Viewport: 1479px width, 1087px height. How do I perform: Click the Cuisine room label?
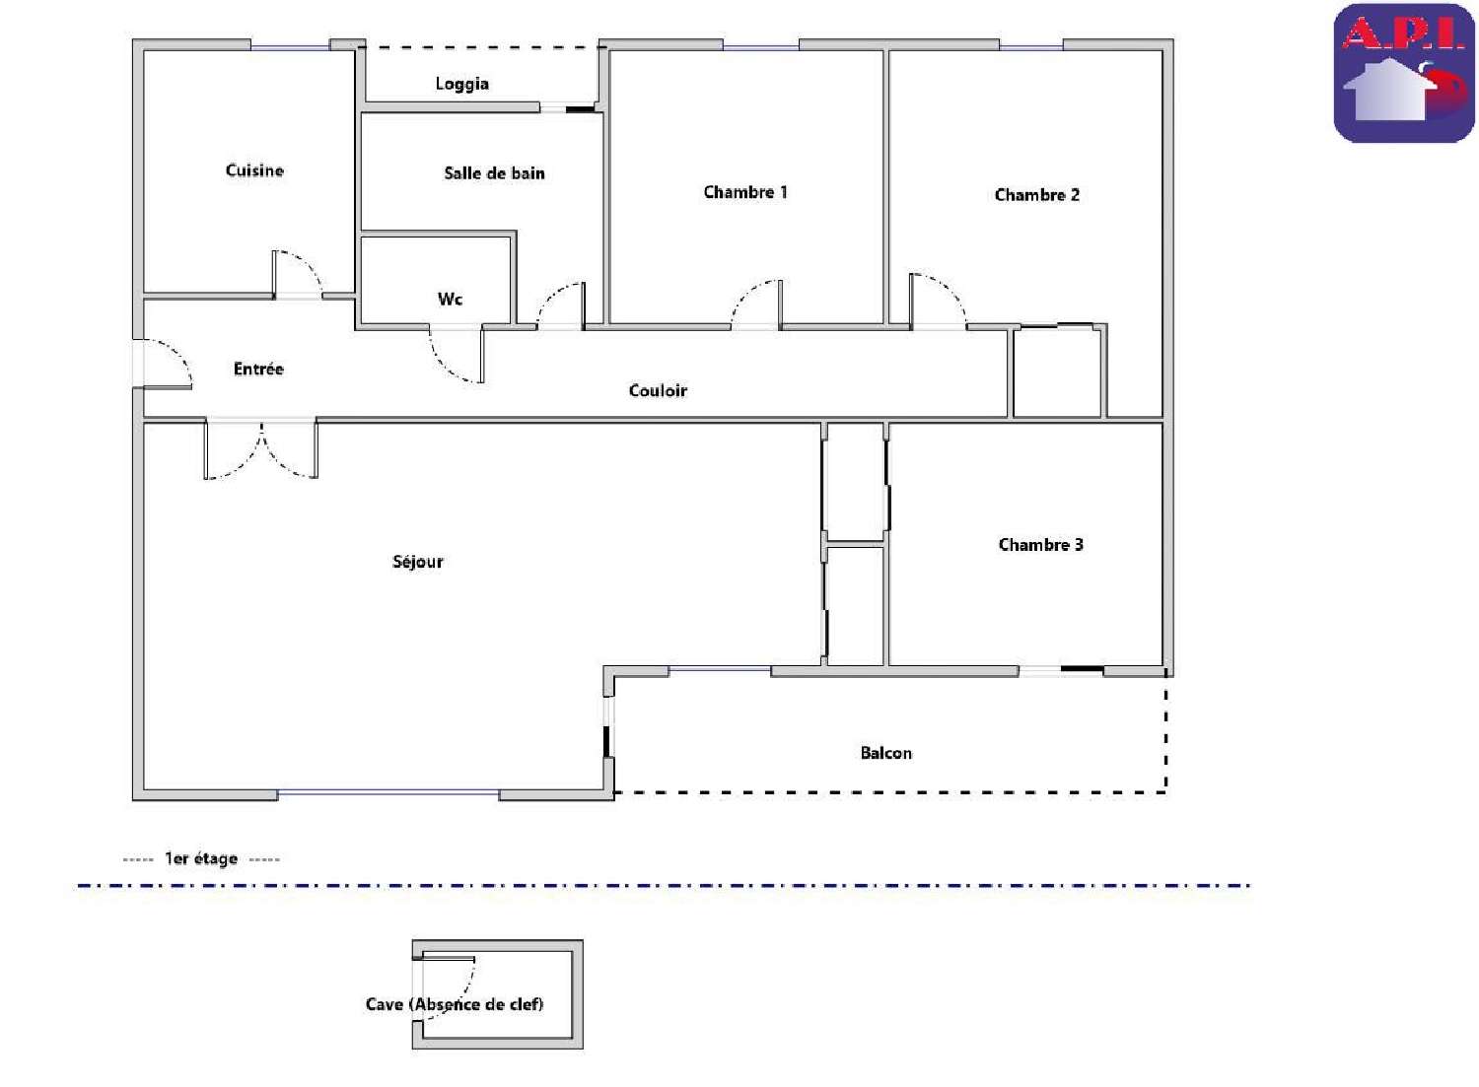pos(254,170)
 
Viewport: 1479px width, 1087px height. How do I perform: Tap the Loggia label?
pos(461,84)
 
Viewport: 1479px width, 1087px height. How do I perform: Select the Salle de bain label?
pos(494,173)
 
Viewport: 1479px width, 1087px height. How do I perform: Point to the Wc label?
pos(450,299)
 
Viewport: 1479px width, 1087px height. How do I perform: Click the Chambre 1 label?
pos(745,192)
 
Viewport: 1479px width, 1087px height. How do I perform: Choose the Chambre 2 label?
pos(1036,195)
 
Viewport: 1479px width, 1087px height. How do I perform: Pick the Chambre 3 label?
pos(1040,545)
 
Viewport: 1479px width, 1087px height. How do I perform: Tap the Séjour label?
pos(418,562)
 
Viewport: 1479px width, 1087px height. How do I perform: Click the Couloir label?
pos(658,391)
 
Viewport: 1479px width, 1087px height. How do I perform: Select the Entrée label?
pos(258,369)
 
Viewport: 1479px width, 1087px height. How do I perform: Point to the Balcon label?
pos(885,753)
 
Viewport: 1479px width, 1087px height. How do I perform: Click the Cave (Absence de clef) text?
pos(455,1004)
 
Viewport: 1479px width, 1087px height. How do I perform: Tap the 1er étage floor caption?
pos(201,859)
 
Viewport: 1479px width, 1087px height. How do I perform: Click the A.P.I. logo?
pos(1403,74)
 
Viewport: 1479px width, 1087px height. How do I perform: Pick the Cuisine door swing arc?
pos(298,273)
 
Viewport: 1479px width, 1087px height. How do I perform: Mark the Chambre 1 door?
pos(757,304)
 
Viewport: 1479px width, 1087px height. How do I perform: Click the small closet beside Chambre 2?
pos(1057,373)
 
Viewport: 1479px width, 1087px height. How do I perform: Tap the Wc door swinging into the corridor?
pos(457,355)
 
